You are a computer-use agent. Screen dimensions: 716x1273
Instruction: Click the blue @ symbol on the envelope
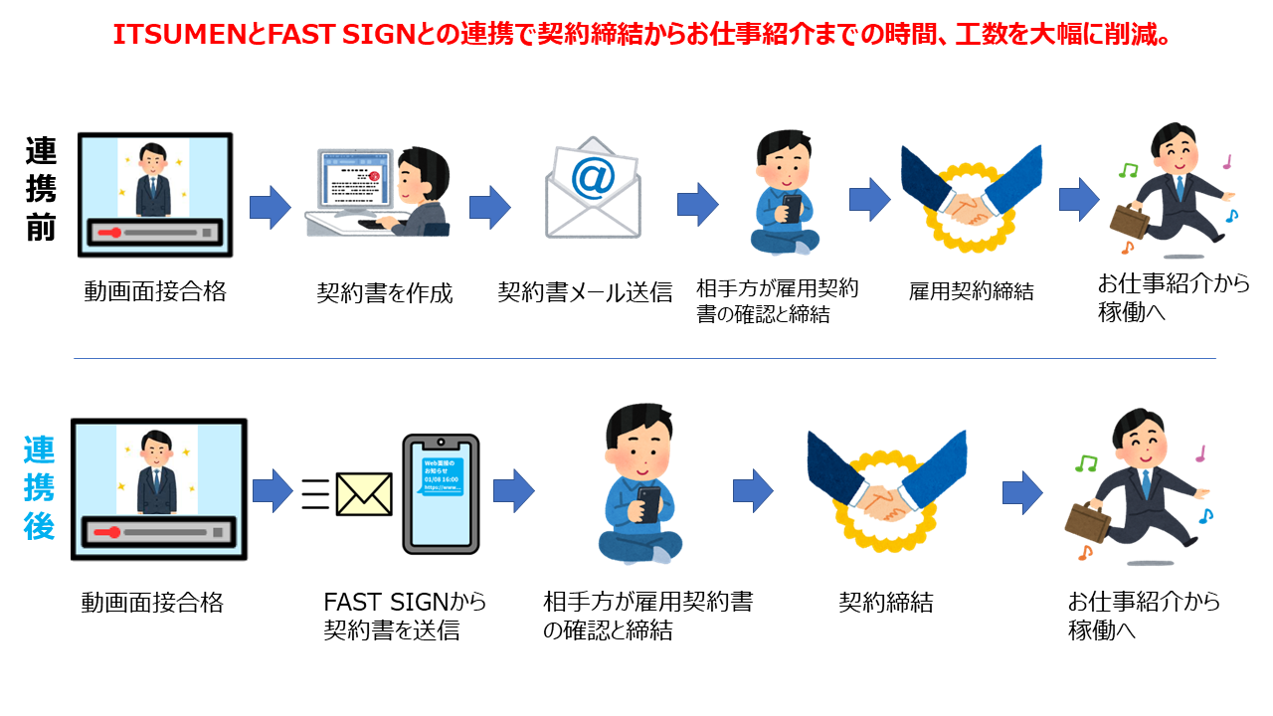pyautogui.click(x=593, y=180)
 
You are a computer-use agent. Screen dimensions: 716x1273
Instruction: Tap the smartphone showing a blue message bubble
pyautogui.click(x=440, y=493)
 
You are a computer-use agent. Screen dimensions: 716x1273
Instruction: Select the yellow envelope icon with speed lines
pyautogui.click(x=363, y=493)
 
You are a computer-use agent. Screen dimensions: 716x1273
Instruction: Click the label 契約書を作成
pyautogui.click(x=385, y=293)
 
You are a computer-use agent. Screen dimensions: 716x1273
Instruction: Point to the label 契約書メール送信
pyautogui.click(x=585, y=292)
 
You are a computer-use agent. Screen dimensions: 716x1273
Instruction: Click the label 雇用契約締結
pyautogui.click(x=971, y=291)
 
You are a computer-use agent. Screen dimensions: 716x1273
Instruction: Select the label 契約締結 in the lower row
pyautogui.click(x=885, y=603)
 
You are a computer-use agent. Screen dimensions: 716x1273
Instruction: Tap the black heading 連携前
pyautogui.click(x=41, y=190)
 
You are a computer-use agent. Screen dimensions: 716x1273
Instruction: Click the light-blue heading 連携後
pyautogui.click(x=40, y=487)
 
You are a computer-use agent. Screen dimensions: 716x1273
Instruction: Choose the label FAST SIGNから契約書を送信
pyautogui.click(x=406, y=617)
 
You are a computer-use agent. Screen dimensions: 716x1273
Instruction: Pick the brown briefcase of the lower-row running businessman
pyautogui.click(x=1088, y=518)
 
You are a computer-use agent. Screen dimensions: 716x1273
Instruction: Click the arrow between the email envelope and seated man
pyautogui.click(x=697, y=204)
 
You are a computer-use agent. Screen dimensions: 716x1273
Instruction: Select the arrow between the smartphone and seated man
pyautogui.click(x=513, y=490)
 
